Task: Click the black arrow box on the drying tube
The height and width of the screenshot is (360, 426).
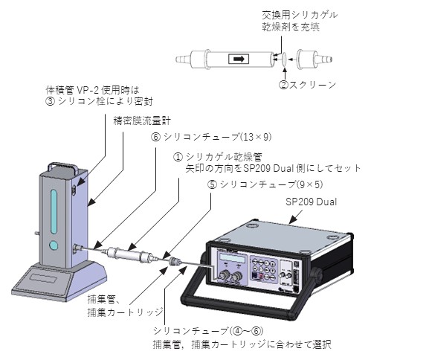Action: tap(239, 59)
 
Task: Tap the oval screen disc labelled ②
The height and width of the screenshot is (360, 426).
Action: tap(284, 59)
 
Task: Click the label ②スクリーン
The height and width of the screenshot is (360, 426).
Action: tap(308, 85)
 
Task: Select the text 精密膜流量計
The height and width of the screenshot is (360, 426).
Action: tap(142, 120)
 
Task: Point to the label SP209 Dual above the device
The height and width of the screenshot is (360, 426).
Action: tap(311, 202)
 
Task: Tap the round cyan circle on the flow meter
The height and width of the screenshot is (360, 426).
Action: tap(54, 245)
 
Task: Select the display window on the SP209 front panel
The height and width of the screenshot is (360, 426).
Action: tap(232, 258)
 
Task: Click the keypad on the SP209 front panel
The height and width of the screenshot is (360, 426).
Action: tap(264, 269)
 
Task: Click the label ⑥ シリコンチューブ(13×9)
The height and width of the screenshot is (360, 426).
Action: tap(211, 137)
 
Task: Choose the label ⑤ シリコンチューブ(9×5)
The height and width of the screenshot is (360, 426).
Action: tap(265, 184)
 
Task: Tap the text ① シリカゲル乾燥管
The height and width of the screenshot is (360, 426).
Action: tap(218, 157)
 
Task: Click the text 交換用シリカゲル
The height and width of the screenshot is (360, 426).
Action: tap(300, 15)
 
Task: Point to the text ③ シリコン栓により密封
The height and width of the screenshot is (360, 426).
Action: tap(99, 101)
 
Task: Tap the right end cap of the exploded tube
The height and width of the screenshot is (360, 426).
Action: tap(314, 59)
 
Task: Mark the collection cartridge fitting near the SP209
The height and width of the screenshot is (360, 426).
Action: tap(175, 262)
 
